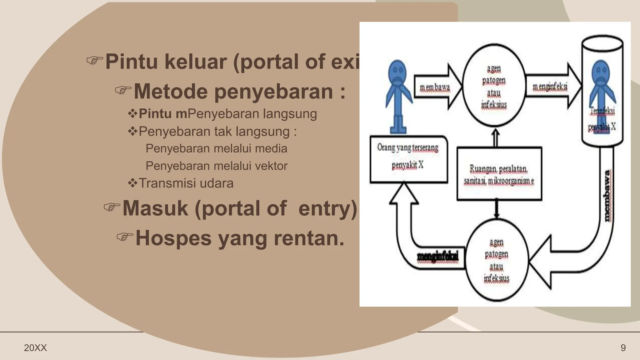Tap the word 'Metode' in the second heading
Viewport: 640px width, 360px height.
point(171,91)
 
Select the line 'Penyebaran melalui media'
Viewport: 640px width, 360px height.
point(216,148)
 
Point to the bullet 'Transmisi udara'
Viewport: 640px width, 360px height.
point(186,183)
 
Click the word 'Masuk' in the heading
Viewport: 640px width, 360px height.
point(155,208)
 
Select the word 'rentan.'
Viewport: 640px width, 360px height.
point(309,238)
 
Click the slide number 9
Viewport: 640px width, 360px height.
point(623,348)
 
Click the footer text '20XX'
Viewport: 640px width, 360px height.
point(35,348)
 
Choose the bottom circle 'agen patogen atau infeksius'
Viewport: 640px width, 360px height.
point(496,260)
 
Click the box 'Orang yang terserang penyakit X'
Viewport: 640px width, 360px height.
point(408,159)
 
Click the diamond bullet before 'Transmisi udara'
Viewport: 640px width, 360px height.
point(132,183)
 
